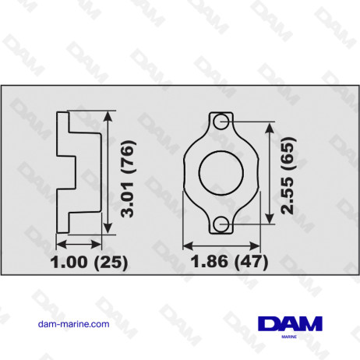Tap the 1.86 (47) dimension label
click(x=228, y=261)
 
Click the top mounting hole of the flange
click(x=221, y=122)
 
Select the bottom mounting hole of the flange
click(x=221, y=224)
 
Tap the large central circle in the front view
click(x=221, y=173)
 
